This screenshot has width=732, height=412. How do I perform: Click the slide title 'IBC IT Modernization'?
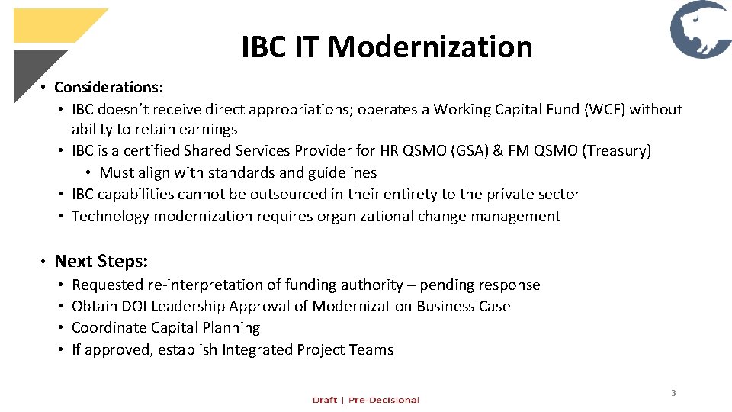tap(387, 47)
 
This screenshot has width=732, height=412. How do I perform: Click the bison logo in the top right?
tap(700, 30)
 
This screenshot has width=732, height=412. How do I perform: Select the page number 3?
tap(673, 393)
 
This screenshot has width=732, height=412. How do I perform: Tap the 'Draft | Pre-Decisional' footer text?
tap(365, 400)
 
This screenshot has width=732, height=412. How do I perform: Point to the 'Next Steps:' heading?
tap(101, 261)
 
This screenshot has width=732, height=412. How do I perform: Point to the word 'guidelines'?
tap(342, 173)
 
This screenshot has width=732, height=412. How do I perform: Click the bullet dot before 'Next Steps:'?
tap(43, 262)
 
